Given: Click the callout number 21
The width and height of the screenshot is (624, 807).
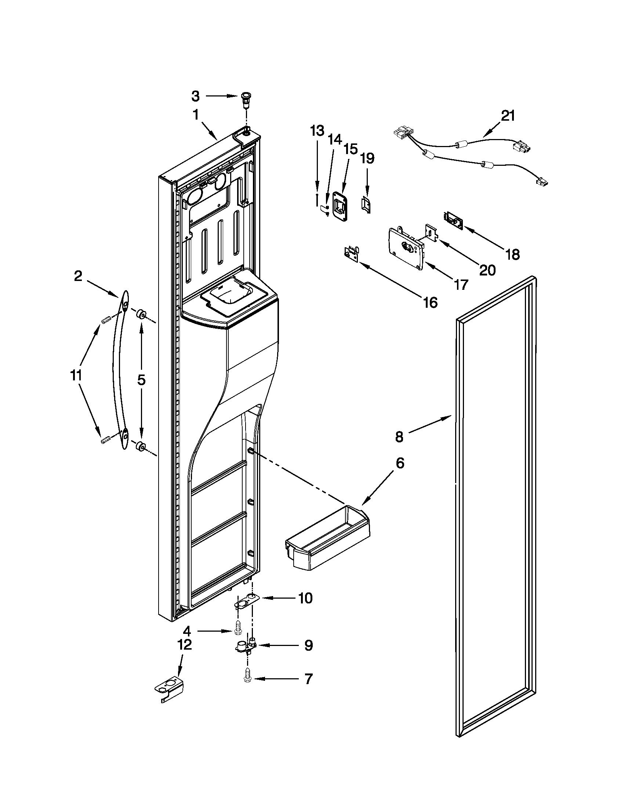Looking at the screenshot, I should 508,116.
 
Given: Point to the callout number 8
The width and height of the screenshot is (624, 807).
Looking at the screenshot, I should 399,437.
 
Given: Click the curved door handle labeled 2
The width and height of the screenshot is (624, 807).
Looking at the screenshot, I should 120,369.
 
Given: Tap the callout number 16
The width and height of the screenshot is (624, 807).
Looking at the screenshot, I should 430,302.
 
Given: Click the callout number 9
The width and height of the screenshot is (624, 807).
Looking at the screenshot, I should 308,646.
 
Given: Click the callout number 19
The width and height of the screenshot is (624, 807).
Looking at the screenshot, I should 367,159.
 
